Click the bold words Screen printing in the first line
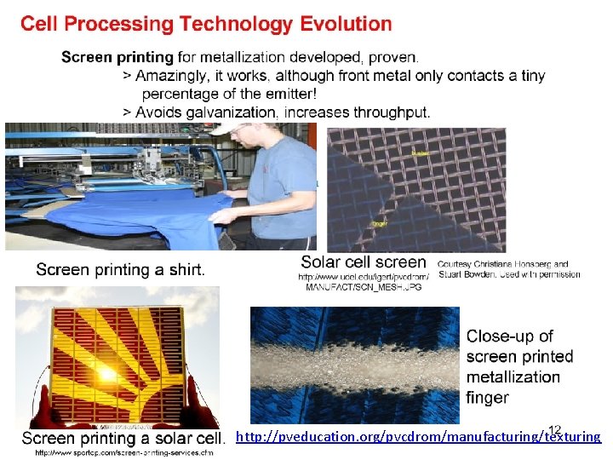117,58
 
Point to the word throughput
392,112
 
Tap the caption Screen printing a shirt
120,270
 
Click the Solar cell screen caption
364,262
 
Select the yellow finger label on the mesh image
380,224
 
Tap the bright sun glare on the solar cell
108,373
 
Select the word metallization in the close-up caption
513,377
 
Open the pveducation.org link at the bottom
417,437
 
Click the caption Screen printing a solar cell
123,438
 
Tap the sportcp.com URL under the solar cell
124,452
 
